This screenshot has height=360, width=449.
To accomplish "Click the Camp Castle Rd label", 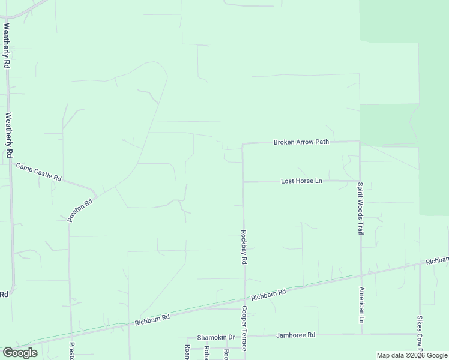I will (39, 172).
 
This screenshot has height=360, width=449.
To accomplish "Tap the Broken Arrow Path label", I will (301, 142).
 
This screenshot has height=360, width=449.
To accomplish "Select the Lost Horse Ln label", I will (301, 181).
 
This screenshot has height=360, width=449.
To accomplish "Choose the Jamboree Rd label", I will (295, 335).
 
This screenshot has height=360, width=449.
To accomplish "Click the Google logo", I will (20, 352).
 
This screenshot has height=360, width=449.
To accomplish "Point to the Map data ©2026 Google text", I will (411, 355).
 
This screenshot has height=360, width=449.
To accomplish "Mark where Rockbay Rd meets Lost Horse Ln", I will (243, 181).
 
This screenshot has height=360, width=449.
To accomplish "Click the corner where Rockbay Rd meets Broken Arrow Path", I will (243, 145).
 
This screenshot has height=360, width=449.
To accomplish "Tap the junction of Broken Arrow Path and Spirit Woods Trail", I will (360, 142).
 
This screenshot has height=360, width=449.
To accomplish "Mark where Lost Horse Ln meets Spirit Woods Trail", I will (360, 180).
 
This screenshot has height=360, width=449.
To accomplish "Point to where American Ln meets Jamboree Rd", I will (361, 334).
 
